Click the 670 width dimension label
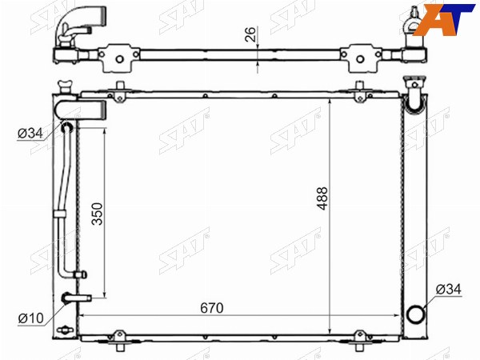pyautogui.click(x=212, y=308)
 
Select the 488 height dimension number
pyautogui.click(x=322, y=198)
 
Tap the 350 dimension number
pyautogui.click(x=98, y=214)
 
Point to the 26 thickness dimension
pyautogui.click(x=250, y=34)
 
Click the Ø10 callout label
pyautogui.click(x=31, y=318)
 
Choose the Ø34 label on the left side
pyautogui.click(x=30, y=134)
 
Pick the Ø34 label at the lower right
pyautogui.click(x=449, y=290)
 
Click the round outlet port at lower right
pyautogui.click(x=416, y=314)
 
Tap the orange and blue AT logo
pyautogui.click(x=444, y=19)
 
